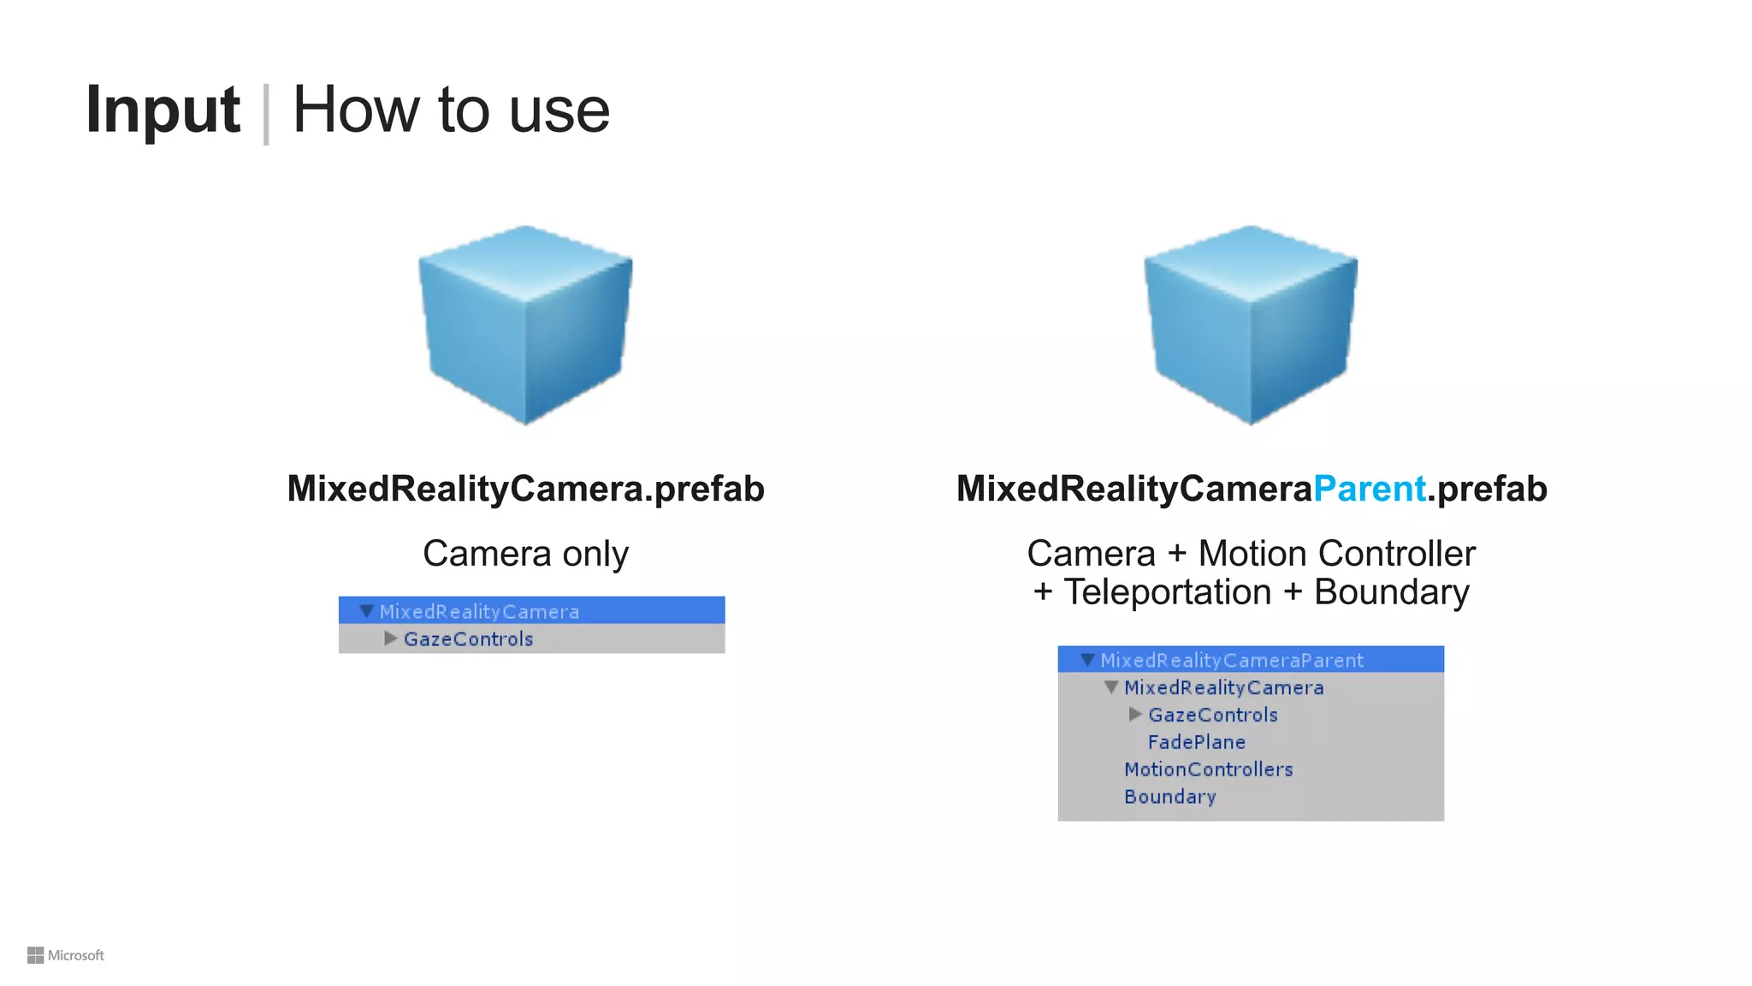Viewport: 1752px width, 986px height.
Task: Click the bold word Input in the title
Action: click(163, 110)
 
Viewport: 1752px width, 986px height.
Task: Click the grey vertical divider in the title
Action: click(266, 114)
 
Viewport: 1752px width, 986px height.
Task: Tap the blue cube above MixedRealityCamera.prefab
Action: click(525, 324)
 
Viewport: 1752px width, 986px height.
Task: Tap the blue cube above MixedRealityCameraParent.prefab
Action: click(1251, 324)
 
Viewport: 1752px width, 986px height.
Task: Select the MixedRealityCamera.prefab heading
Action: click(525, 489)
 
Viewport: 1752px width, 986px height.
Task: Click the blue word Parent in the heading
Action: click(1369, 489)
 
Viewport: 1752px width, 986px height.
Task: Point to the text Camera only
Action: click(525, 554)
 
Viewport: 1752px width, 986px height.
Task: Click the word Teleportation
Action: click(1167, 592)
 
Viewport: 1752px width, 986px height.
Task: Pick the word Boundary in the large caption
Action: click(1391, 592)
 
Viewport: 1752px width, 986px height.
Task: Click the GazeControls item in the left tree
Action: click(468, 639)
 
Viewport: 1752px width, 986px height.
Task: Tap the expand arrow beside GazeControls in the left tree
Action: click(390, 639)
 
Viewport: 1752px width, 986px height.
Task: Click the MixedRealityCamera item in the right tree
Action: click(1223, 687)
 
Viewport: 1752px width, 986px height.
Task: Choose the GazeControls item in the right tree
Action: click(1212, 715)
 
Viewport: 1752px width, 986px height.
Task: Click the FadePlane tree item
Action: click(1196, 742)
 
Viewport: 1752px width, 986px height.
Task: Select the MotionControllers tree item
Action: click(1208, 769)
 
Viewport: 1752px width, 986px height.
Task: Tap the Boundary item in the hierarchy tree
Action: click(1169, 797)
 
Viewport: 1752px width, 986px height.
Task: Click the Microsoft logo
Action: click(66, 955)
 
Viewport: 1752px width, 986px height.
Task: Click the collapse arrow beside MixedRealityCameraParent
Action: click(1087, 660)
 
